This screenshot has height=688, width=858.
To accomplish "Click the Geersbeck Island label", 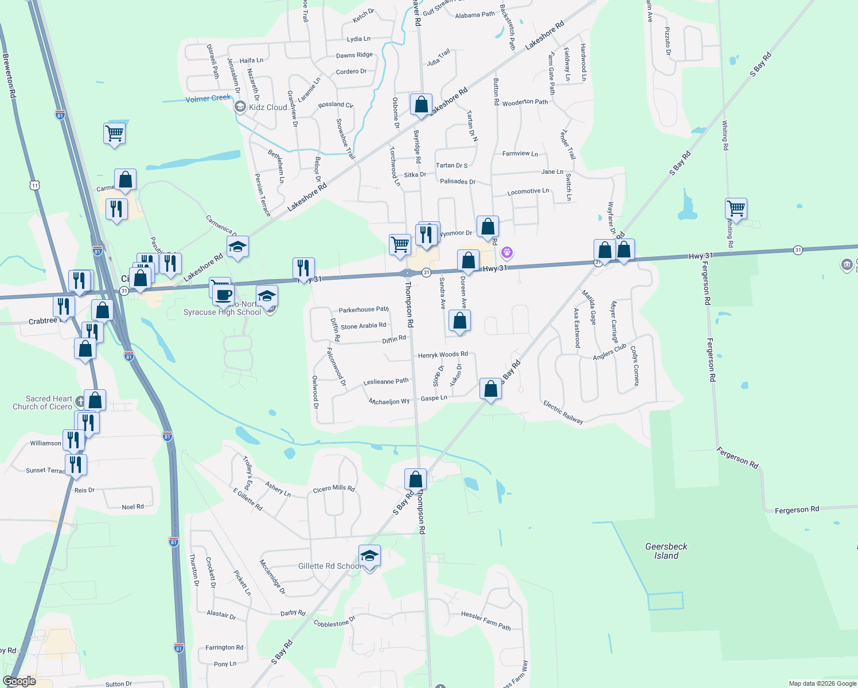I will click(x=666, y=551).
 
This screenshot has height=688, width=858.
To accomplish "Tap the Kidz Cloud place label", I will click(x=267, y=107).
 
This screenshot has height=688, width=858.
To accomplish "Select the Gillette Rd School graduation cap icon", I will click(x=369, y=556).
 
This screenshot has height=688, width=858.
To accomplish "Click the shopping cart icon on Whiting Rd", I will click(x=735, y=208).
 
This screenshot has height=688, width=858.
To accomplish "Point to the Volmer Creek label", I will click(x=208, y=99).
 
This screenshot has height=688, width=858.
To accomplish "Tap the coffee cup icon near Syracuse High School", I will click(x=223, y=295).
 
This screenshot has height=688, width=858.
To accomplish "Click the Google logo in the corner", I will click(x=19, y=681).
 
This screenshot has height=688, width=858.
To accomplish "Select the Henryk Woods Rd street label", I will click(x=442, y=355).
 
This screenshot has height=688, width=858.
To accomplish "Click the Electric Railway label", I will click(x=563, y=412).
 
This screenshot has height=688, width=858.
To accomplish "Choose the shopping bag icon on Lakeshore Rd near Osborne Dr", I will click(x=421, y=105).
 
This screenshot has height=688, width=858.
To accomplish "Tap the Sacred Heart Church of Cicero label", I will click(x=43, y=402).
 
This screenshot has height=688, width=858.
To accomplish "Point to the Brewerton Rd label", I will click(x=9, y=76).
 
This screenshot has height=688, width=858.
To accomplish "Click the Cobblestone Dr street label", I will click(x=334, y=623).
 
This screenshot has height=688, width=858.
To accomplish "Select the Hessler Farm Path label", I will click(x=485, y=620).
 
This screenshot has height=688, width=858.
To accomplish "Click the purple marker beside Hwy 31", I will click(x=506, y=252).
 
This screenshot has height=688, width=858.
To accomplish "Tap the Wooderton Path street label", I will click(x=525, y=103).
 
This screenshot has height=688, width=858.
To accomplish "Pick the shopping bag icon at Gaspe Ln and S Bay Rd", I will click(x=490, y=389).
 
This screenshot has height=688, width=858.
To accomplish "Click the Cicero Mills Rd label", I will click(x=334, y=488).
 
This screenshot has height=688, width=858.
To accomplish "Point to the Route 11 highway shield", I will click(x=36, y=185).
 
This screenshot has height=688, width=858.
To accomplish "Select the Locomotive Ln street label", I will click(x=528, y=191).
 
